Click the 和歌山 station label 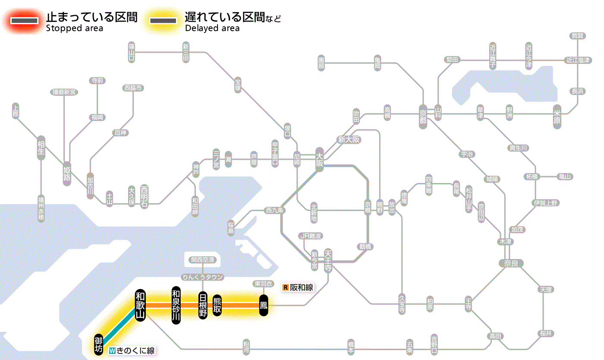tap(140, 305)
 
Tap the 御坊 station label tap(99, 345)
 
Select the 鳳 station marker tap(263, 305)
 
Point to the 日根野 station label tap(203, 305)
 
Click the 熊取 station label tap(217, 305)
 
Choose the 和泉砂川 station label tap(176, 305)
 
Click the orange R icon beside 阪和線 tap(285, 287)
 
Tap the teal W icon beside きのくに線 tap(112, 351)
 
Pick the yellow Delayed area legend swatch tap(163, 21)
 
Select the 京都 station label tap(423, 115)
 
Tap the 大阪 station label tap(319, 161)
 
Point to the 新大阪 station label tap(349, 139)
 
